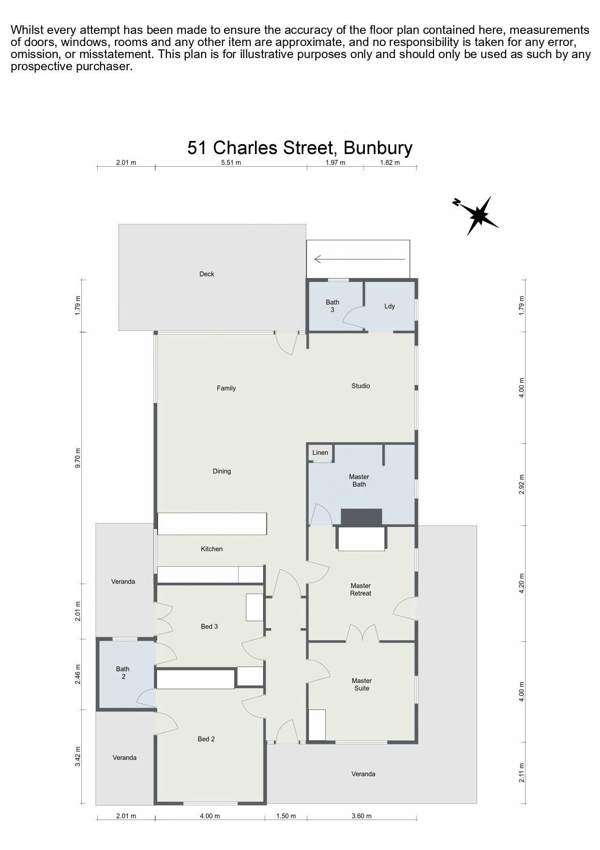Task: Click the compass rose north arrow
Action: tap(476, 216)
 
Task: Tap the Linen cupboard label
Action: tap(320, 452)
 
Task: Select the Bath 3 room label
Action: tap(332, 306)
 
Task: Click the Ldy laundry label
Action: tap(390, 306)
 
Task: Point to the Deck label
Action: tap(207, 274)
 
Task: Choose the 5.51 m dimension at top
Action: tap(231, 162)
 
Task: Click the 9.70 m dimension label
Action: tap(78, 458)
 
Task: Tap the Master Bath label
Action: tap(359, 480)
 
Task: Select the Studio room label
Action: tap(360, 386)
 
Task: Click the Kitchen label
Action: tap(211, 549)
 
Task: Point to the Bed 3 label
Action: tap(209, 626)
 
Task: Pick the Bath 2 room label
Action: tap(123, 673)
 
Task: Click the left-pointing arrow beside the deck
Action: tap(360, 259)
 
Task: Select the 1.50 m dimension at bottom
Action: tap(285, 816)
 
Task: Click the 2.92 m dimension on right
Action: tap(521, 484)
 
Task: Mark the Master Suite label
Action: tap(361, 684)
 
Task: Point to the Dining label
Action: tap(222, 471)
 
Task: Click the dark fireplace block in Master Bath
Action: tap(361, 517)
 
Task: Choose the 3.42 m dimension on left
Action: tap(78, 756)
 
